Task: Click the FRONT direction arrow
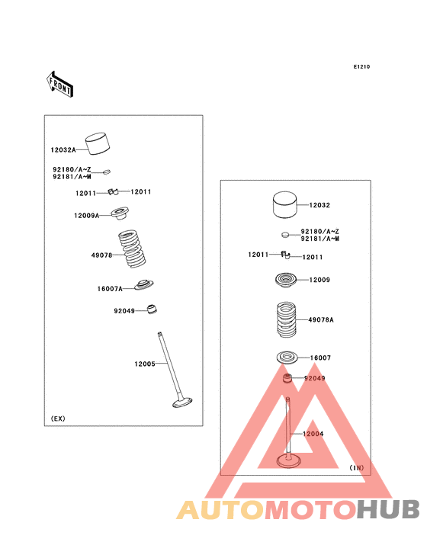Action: click(x=59, y=85)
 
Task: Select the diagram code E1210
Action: click(x=361, y=66)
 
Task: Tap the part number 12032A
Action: click(x=63, y=150)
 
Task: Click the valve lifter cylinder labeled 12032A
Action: click(x=98, y=144)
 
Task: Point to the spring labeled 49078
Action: click(x=132, y=249)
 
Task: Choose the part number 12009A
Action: click(x=86, y=215)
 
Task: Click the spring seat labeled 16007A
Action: click(x=144, y=284)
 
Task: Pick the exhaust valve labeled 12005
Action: click(x=175, y=370)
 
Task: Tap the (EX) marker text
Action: click(x=58, y=418)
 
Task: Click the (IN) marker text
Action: click(x=357, y=467)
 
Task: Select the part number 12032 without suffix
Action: click(x=319, y=205)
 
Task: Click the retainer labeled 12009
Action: click(x=286, y=280)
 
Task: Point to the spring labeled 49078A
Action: click(x=287, y=320)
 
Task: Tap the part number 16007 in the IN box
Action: click(x=320, y=358)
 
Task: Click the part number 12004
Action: click(x=313, y=434)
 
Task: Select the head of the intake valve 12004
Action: click(x=288, y=461)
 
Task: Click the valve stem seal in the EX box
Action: click(x=152, y=309)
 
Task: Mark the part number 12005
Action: click(x=145, y=364)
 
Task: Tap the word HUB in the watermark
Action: click(x=389, y=510)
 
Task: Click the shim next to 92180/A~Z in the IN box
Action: click(x=285, y=235)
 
